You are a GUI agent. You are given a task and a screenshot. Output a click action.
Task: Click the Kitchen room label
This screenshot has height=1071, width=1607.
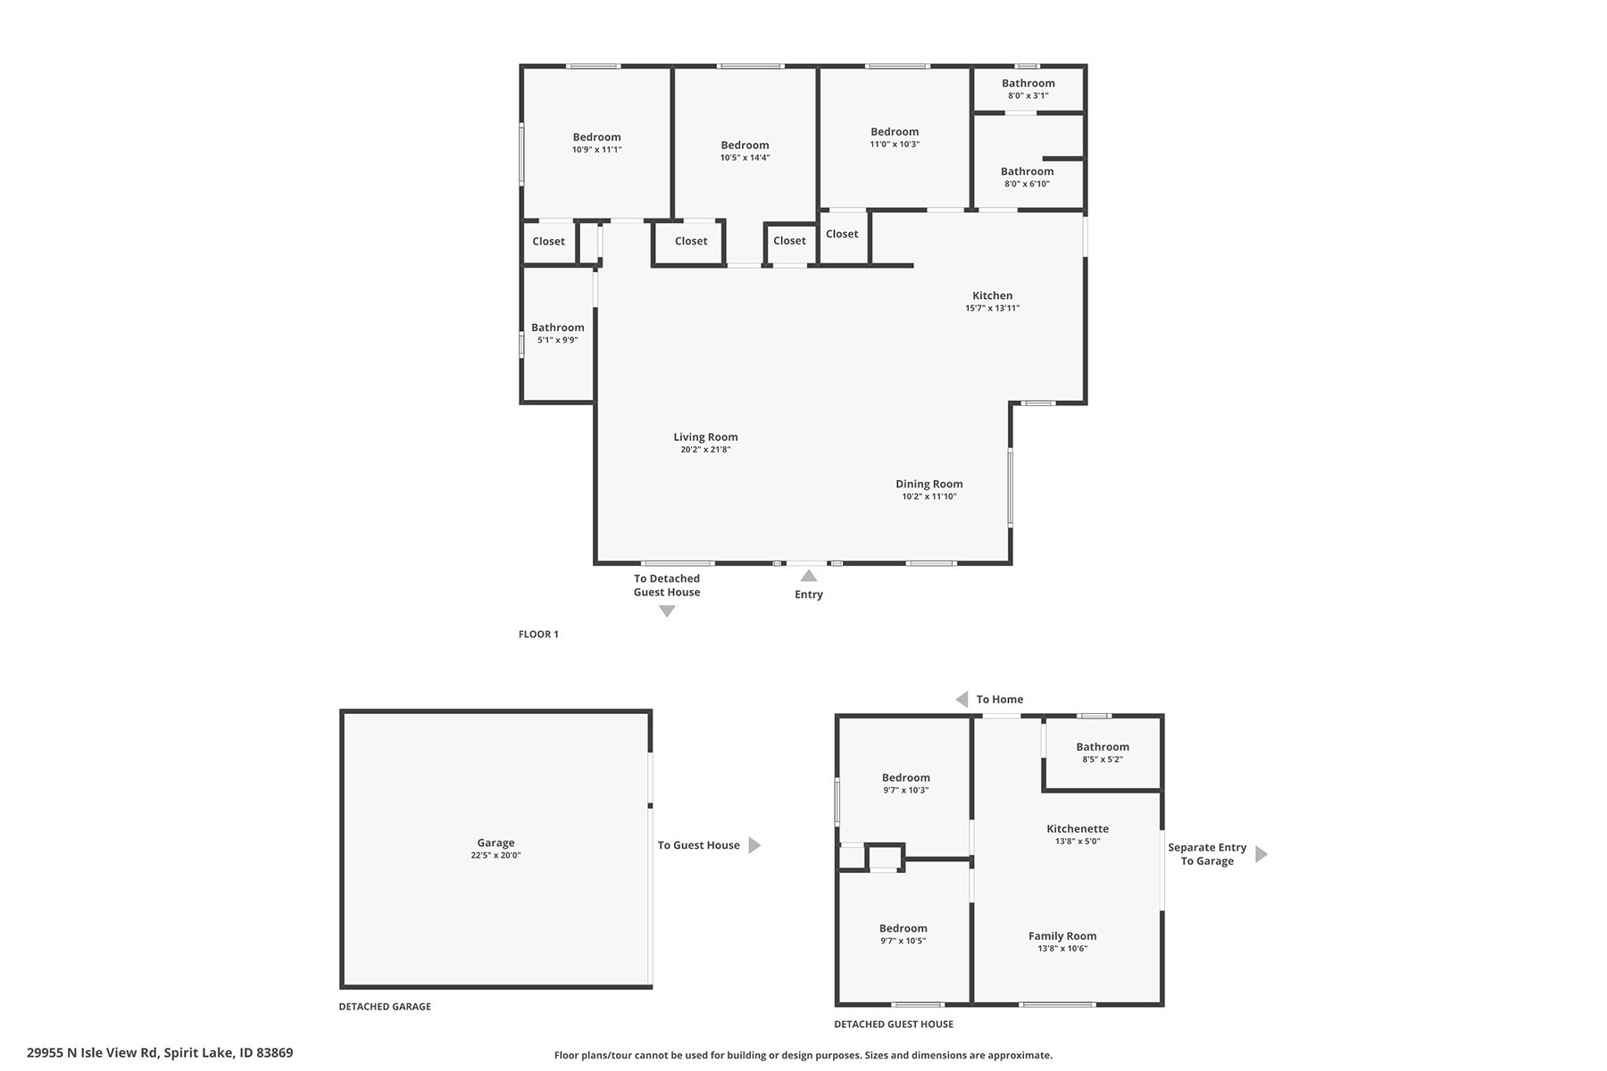[992, 295]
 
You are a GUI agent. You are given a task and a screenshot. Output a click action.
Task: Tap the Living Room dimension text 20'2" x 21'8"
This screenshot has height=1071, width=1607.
[705, 450]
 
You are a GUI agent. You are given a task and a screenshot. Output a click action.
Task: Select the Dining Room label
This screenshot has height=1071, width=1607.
[928, 484]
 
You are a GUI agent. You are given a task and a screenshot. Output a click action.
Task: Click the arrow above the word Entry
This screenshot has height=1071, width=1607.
[809, 577]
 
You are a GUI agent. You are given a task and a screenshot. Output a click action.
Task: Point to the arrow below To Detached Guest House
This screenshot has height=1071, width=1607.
[667, 611]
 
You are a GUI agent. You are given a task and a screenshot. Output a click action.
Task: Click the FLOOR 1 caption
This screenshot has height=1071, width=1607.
[538, 635]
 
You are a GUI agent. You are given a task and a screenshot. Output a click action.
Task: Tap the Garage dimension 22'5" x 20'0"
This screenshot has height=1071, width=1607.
[495, 855]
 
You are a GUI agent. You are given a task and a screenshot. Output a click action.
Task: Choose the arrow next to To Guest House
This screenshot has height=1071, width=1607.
[754, 845]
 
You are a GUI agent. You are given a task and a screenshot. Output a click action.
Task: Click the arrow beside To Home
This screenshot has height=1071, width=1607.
[962, 700]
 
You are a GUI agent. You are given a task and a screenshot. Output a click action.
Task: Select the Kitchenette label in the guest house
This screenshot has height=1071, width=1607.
[1078, 829]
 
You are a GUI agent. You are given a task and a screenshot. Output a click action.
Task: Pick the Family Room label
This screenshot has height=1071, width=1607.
[1062, 936]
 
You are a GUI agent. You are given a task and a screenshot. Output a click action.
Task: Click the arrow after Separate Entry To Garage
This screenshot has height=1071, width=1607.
[1261, 854]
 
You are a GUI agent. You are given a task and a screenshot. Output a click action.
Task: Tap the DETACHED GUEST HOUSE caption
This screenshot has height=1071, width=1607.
[894, 1025]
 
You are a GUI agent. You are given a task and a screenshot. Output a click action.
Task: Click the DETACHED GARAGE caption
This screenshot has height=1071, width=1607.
[385, 1007]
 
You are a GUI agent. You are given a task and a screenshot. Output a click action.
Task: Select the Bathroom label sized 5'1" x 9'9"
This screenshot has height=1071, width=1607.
[558, 328]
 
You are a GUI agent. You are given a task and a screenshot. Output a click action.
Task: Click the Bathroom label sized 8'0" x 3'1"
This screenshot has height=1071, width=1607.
[1028, 83]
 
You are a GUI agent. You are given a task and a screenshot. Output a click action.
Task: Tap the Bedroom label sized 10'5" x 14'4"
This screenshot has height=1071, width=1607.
[745, 145]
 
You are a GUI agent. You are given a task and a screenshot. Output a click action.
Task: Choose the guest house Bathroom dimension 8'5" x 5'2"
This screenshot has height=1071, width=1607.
[1103, 760]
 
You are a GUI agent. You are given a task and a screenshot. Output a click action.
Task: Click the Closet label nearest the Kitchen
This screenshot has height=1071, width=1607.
[842, 234]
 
